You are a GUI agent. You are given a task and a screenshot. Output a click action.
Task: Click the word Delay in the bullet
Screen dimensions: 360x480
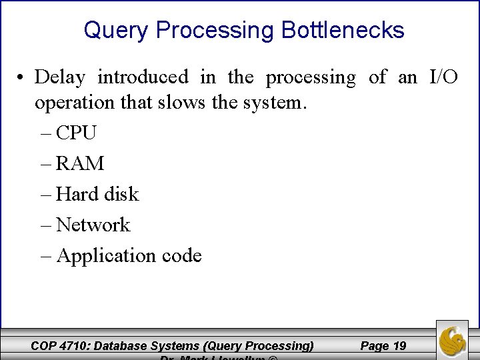(x=60, y=77)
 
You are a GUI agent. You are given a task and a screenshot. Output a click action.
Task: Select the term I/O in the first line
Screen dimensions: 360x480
(x=443, y=77)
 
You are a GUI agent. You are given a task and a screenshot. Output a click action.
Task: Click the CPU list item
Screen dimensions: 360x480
(x=76, y=133)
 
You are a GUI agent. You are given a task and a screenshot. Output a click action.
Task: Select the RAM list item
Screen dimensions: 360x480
(x=80, y=163)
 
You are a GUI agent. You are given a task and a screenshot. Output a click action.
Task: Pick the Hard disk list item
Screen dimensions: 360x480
(x=97, y=194)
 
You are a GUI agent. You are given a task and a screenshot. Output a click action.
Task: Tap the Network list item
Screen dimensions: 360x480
(x=93, y=225)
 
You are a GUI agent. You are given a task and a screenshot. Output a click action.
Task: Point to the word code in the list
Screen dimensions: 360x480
(x=179, y=255)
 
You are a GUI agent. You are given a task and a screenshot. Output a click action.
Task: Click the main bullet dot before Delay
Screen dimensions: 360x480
(x=22, y=78)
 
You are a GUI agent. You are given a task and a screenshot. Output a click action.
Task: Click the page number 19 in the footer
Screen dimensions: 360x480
(x=399, y=345)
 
